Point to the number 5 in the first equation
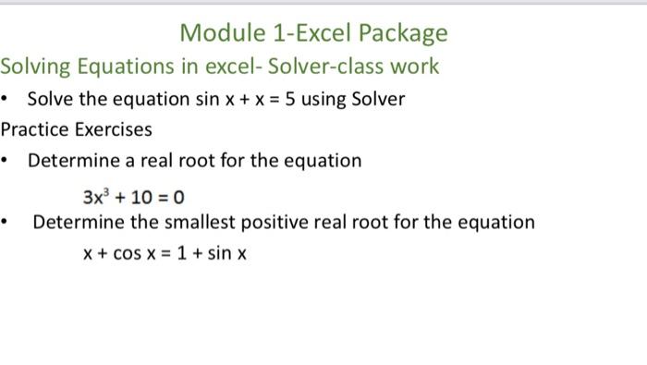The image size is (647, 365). point(289,99)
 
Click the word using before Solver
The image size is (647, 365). point(326,100)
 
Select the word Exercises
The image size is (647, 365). point(114,129)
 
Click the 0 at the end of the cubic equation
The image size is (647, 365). point(179,197)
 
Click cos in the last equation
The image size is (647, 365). point(128,252)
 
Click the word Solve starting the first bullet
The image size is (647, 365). point(50,99)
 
